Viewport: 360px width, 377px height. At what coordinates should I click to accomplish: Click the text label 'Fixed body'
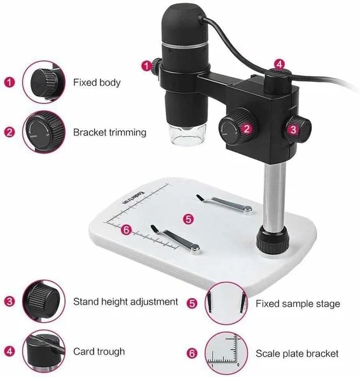pyautogui.click(x=96, y=82)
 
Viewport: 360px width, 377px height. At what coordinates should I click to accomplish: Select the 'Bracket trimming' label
pyautogui.click(x=109, y=132)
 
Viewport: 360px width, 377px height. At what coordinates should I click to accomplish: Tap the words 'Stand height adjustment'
pyautogui.click(x=125, y=301)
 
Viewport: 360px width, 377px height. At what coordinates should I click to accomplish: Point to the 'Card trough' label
pyautogui.click(x=99, y=351)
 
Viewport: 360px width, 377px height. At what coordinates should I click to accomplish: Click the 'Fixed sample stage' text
pyautogui.click(x=298, y=304)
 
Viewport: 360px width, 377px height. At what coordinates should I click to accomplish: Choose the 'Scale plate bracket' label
pyautogui.click(x=297, y=353)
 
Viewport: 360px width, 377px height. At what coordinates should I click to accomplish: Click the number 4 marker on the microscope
pyautogui.click(x=278, y=65)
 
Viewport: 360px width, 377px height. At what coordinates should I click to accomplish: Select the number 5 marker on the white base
pyautogui.click(x=188, y=218)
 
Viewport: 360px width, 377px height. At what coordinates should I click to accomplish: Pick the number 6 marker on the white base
pyautogui.click(x=126, y=231)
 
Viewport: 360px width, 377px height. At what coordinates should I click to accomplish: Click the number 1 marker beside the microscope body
pyautogui.click(x=148, y=64)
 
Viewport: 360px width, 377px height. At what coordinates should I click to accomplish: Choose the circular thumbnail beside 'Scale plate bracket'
pyautogui.click(x=226, y=353)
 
